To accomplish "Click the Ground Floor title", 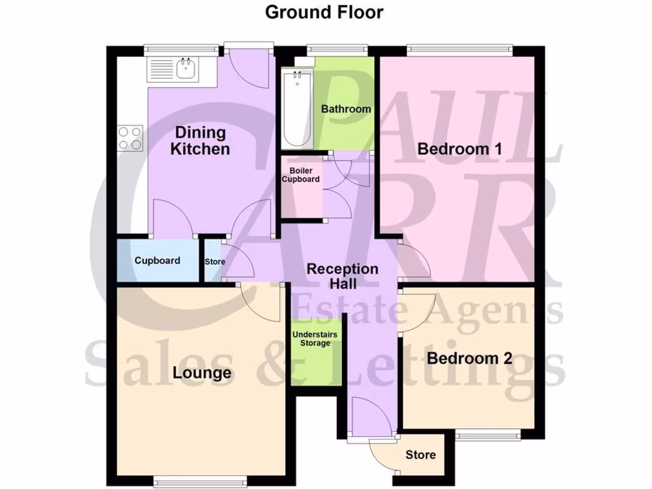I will pos(324,12).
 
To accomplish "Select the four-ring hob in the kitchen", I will pos(129,139).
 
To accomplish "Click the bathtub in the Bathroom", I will pos(297,108).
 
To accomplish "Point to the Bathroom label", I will pos(346,109).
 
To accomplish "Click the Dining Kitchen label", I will pos(201,141).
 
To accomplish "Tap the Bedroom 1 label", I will pos(460,149).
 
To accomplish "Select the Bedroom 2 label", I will pos(469,358).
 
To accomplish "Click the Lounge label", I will pos(202,372).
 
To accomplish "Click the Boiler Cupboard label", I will pos(301,175).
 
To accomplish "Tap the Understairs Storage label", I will pos(315,339).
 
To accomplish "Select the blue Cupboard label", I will pos(157,260).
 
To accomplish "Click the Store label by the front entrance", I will pos(420,455).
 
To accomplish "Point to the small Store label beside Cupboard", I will pos(215,262).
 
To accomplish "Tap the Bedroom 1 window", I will pos(459,48).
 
